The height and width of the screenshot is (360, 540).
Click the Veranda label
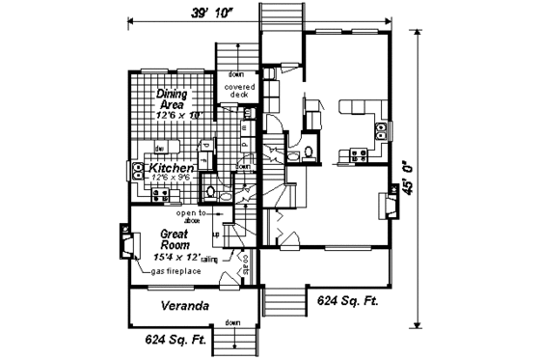point(186,307)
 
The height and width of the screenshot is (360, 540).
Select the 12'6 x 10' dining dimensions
point(180,115)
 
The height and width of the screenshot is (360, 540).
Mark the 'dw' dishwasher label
point(158,147)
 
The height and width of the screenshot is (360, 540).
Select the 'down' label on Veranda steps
point(232,322)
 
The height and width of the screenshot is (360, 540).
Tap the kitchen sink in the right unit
point(382,128)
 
